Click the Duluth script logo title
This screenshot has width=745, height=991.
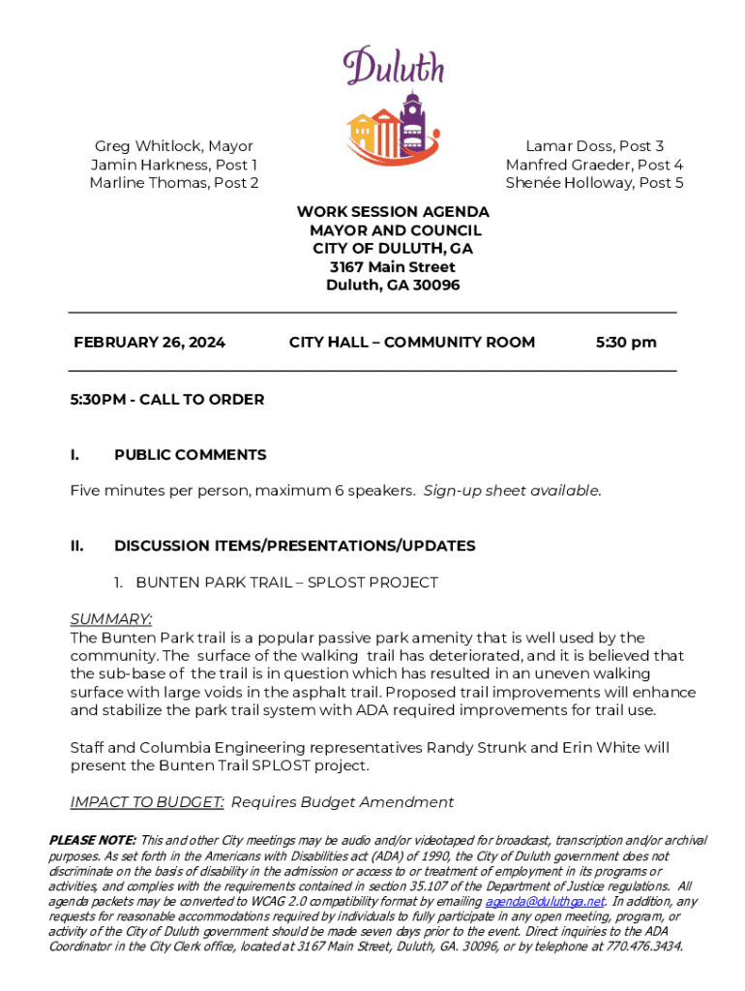(394, 67)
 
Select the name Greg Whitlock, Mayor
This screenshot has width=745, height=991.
(173, 146)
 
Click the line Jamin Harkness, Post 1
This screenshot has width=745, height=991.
(174, 165)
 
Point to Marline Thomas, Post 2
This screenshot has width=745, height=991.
(174, 183)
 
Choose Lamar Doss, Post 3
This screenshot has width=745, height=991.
(594, 146)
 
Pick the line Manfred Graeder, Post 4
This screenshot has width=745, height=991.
(594, 165)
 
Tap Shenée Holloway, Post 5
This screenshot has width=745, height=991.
(594, 183)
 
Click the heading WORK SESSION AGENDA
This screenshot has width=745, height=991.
(393, 212)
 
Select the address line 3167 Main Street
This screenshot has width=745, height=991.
(393, 267)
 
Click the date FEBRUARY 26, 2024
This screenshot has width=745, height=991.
(150, 343)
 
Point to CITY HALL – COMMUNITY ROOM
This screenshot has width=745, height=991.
(411, 343)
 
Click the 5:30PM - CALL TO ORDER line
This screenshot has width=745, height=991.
(166, 400)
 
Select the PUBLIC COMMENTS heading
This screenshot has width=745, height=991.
(190, 455)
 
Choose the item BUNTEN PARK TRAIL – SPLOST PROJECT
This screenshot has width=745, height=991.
(286, 583)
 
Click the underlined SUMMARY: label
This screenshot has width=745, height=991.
(111, 619)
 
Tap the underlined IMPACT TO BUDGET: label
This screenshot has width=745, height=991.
(147, 802)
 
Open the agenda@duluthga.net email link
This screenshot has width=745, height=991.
(545, 902)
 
